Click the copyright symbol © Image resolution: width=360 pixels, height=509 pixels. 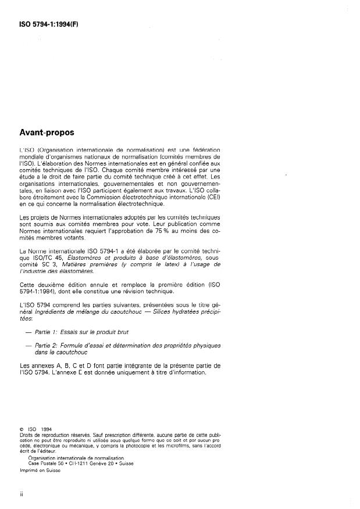click(x=21, y=430)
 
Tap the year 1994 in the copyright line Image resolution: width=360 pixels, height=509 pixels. click(x=45, y=430)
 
